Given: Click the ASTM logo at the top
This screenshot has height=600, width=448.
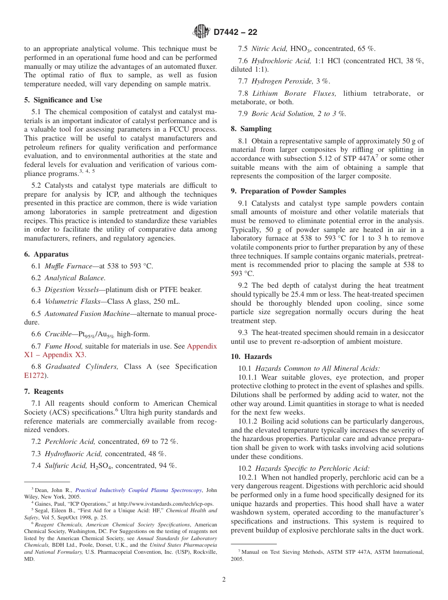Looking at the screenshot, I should coord(201,32).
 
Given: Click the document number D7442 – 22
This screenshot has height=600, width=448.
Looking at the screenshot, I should coord(235,33).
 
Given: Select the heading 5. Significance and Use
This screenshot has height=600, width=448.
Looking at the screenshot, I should coord(63,100).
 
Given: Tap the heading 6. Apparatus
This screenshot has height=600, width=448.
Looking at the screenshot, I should coord(46,254).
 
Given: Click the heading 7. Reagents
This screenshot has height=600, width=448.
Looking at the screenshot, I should coord(43,392).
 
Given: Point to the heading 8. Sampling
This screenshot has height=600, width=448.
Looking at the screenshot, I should coord(251,129).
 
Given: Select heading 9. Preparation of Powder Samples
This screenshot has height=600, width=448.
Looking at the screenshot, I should coord(288,191).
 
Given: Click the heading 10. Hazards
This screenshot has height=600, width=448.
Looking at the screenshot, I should coord(251,357).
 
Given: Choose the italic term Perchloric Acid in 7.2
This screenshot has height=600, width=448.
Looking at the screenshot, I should coord(70,442).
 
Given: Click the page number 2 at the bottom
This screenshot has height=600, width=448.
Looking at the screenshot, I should coord(224,580).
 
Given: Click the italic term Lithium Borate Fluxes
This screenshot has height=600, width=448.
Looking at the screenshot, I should coord(294,93).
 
